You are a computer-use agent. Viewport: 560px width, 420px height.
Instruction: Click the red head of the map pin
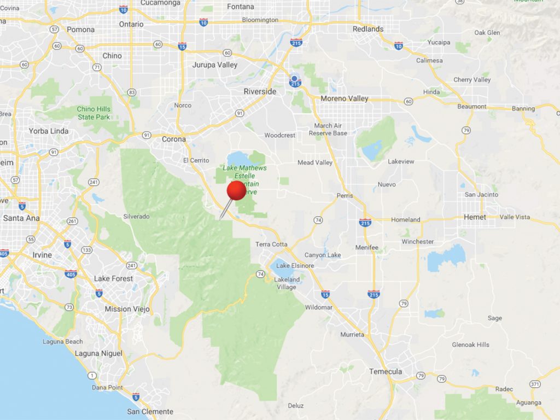pos(236,190)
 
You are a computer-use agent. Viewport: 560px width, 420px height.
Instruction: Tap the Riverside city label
pos(260,91)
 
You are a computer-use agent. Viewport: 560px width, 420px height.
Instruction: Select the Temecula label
pos(385,371)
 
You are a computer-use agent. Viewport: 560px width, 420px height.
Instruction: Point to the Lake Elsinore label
pos(295,266)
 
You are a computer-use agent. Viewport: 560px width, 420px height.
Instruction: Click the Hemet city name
pos(475,217)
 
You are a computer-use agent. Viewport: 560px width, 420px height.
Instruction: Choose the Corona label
pos(174,139)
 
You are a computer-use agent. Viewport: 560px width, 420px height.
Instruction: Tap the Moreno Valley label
pos(344,98)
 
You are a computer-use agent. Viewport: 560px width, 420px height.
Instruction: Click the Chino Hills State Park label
pos(94,113)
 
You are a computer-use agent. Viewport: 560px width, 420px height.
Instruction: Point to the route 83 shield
pos(131,92)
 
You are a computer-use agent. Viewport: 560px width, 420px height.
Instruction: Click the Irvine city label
pos(42,255)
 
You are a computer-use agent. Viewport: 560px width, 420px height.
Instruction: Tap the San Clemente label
pos(150,411)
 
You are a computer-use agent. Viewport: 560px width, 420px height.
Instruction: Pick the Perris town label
pos(345,196)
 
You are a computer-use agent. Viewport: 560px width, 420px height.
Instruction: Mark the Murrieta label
pos(352,334)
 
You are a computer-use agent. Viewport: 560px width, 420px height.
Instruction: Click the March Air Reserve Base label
pos(328,129)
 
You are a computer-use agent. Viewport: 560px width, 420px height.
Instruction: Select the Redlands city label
pos(368,29)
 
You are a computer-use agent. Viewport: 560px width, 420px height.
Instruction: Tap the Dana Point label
pos(107,387)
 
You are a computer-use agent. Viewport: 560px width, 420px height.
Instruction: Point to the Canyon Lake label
pos(323,255)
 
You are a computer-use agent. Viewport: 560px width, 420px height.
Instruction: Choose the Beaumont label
pos(472,106)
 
